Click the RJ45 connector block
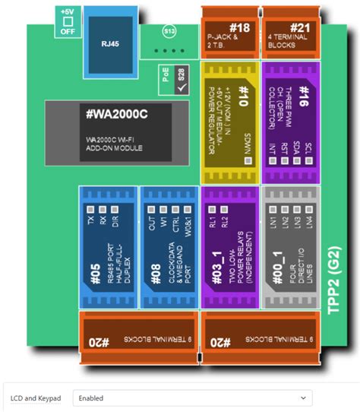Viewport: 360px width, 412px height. [x=110, y=43]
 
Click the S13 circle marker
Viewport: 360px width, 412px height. [x=169, y=32]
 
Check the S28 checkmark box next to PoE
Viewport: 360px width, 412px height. [x=181, y=89]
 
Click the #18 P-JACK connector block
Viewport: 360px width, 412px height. [x=229, y=31]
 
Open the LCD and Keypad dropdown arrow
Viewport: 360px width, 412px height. [x=304, y=397]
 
